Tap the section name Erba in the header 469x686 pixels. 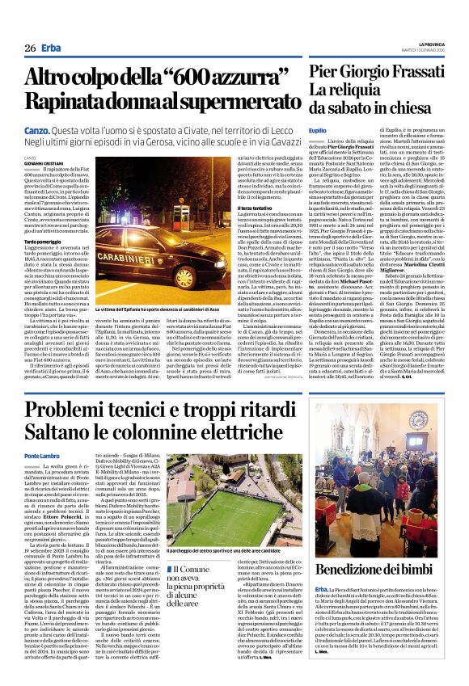pos(53,48)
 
